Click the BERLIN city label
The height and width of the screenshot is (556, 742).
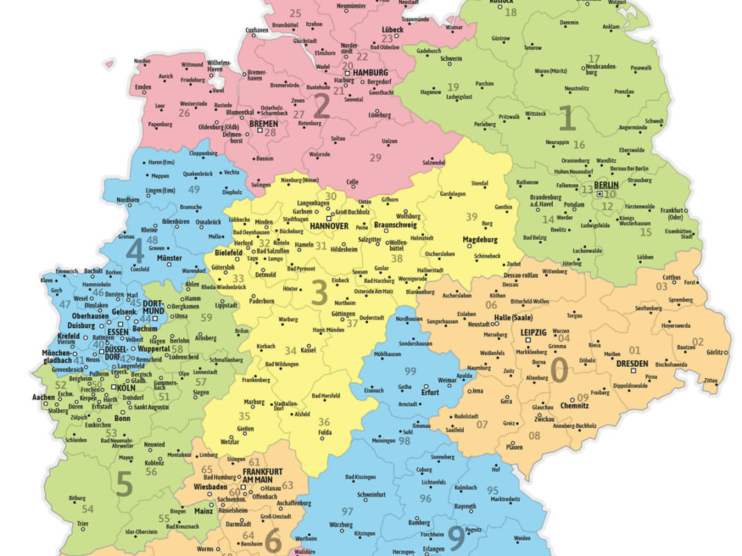tap(606, 185)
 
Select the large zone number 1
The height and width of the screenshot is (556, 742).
tap(567, 119)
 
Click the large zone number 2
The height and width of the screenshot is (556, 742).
tap(321, 106)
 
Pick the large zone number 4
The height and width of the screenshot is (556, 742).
tap(134, 248)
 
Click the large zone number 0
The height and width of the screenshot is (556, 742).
tap(558, 370)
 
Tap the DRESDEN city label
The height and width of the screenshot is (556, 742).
tap(631, 363)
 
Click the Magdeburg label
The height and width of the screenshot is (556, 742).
tap(482, 240)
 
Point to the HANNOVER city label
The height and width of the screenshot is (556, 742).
tap(329, 227)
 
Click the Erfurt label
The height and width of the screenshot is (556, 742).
tap(431, 392)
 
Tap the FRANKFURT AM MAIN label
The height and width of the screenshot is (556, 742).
tap(262, 475)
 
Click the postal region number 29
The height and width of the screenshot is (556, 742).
tap(376, 158)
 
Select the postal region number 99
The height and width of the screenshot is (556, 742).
tap(410, 370)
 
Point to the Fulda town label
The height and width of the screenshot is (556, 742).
tap(324, 433)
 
